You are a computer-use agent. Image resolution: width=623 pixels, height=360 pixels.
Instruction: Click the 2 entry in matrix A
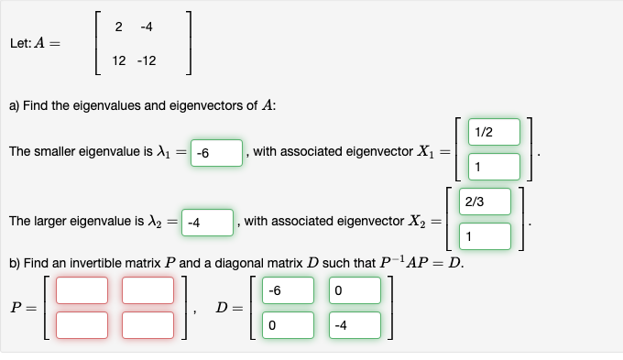click(120, 27)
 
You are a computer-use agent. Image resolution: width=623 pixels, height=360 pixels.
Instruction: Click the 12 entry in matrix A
click(119, 61)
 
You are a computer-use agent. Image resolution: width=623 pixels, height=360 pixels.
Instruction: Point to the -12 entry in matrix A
click(146, 61)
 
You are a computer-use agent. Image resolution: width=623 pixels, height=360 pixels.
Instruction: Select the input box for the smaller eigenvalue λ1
click(216, 152)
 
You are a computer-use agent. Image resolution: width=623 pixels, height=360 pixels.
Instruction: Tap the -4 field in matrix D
click(353, 324)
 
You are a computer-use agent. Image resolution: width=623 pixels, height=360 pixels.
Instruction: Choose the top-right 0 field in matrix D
click(353, 290)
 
